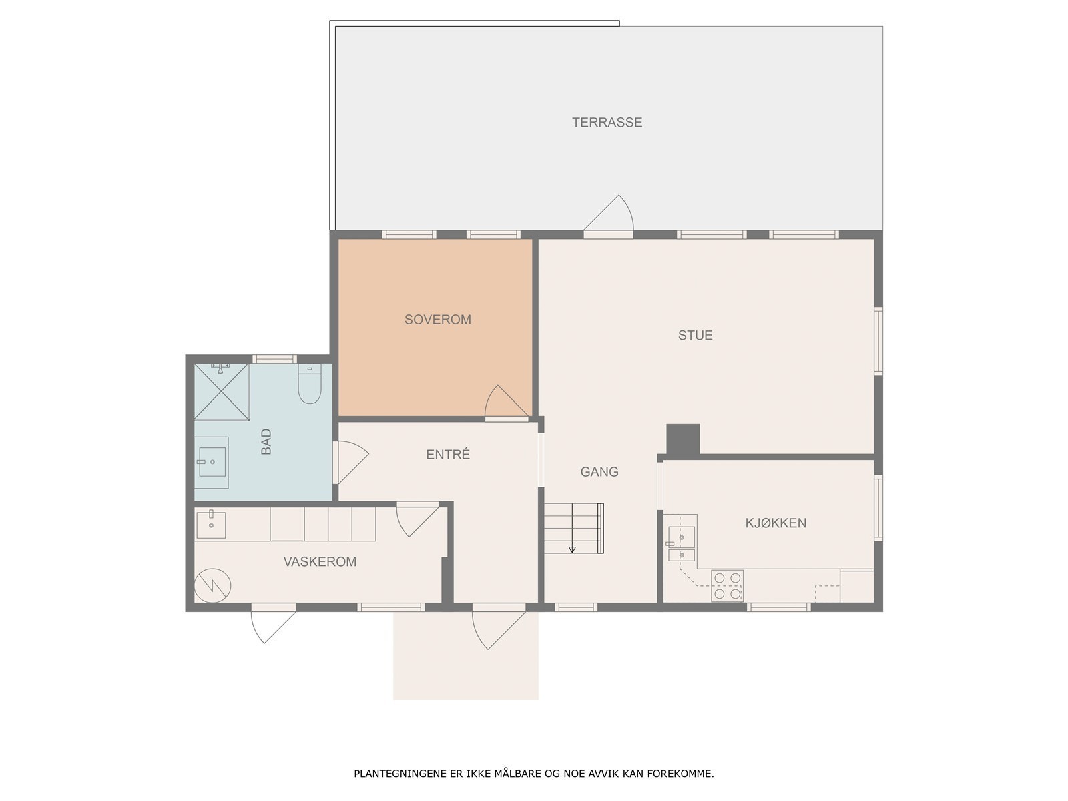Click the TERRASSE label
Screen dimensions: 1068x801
pos(607,123)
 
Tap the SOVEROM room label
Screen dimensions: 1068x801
pos(437,320)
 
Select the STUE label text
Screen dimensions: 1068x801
pos(695,335)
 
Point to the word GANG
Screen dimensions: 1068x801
pos(599,471)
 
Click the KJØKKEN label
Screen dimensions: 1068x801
pos(776,523)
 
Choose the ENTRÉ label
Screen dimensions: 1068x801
pos(448,455)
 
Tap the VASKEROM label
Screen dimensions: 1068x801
pos(320,562)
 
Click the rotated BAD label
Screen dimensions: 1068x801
pos(266,441)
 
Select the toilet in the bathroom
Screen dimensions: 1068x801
pos(310,384)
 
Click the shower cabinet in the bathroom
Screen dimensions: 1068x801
pos(222,392)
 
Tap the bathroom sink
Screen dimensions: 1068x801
pos(212,461)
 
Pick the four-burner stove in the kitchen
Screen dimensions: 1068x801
pos(727,585)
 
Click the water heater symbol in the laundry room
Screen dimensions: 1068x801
pos(213,586)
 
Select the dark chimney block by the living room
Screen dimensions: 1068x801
pos(683,439)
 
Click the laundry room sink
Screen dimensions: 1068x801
pos(211,525)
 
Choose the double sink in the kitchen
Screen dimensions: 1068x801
pos(682,544)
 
